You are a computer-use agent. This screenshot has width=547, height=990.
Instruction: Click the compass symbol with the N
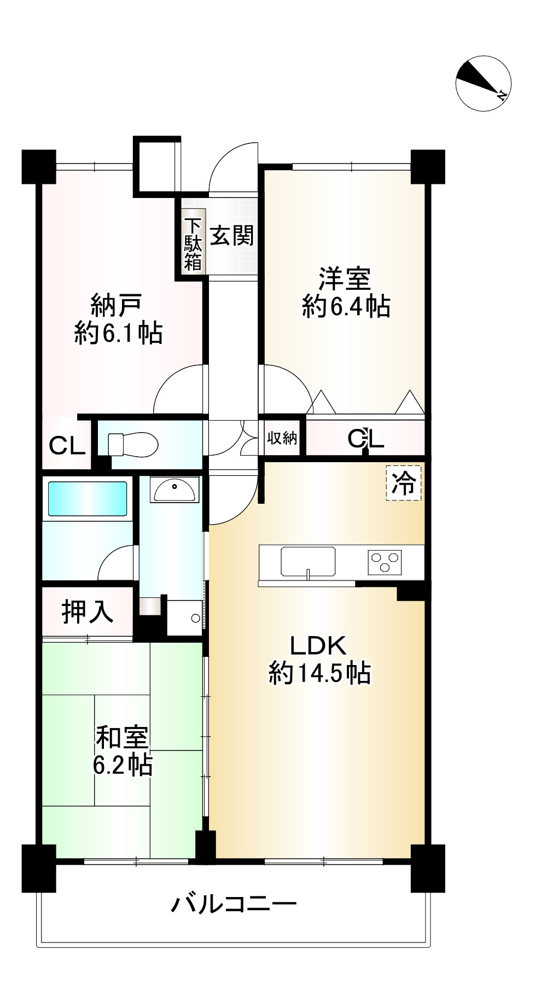[x=483, y=83]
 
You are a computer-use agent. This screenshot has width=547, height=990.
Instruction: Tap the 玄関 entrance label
[x=232, y=236]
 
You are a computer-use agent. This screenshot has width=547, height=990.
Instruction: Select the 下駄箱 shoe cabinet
[x=193, y=244]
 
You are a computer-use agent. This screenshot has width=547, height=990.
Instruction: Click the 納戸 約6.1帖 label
[x=118, y=319]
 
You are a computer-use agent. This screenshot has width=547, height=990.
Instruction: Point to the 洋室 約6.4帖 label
[x=346, y=293]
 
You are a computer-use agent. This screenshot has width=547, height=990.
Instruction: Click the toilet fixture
[x=133, y=444]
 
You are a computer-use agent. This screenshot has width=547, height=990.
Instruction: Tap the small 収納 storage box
[x=282, y=438]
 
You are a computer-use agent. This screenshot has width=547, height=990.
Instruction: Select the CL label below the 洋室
[x=366, y=439]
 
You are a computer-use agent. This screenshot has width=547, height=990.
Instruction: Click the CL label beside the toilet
[x=67, y=446]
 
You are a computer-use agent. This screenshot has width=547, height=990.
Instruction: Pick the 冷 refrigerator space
[x=404, y=483]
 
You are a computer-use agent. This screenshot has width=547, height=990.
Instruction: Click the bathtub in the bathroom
[x=88, y=498]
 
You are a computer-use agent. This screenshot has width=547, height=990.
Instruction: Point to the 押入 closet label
[x=88, y=612]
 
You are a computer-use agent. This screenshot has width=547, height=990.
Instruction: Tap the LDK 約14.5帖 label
[x=319, y=660]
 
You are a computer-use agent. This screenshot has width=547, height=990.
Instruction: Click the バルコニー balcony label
[x=234, y=904]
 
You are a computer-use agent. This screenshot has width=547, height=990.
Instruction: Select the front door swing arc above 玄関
[x=232, y=167]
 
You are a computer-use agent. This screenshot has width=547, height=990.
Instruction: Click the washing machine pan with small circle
[x=184, y=618]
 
